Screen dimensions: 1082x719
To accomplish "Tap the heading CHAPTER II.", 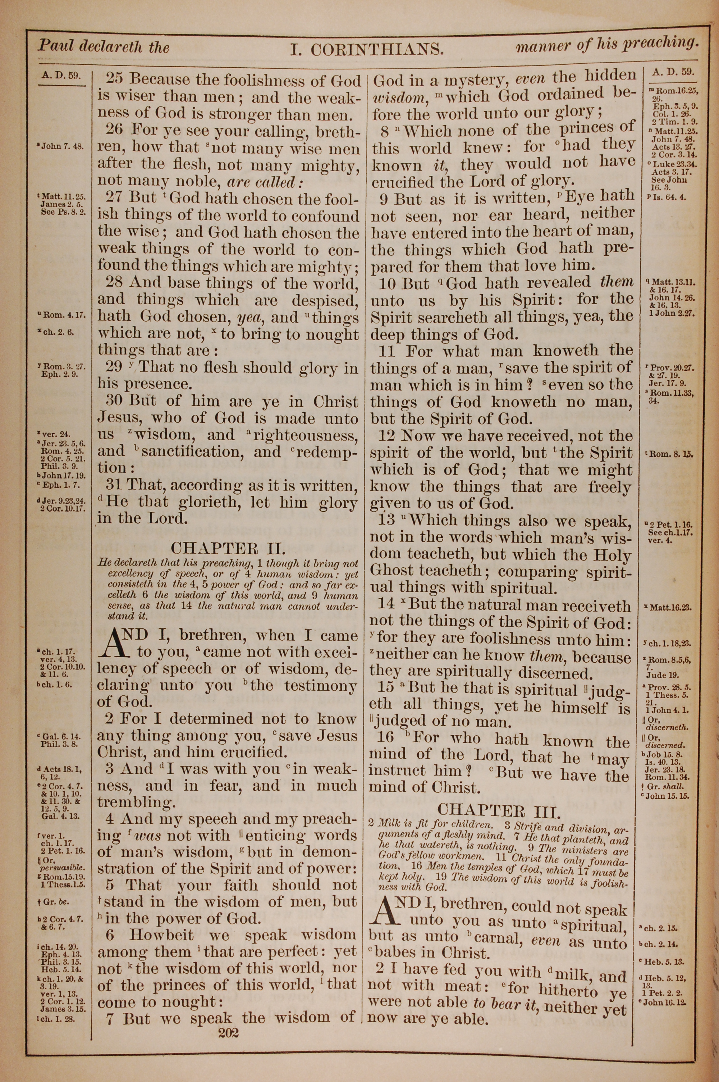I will [x=228, y=549].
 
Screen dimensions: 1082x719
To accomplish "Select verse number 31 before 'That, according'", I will [x=115, y=485].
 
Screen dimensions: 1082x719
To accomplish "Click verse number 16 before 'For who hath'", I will [x=385, y=737].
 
